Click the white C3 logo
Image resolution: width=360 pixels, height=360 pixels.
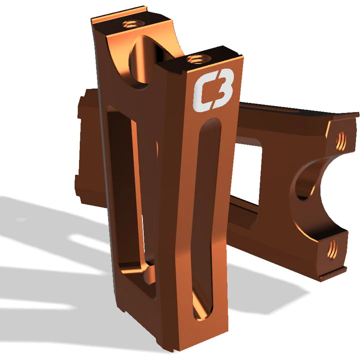[213, 89]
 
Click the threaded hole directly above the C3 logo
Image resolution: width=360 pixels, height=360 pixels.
[196, 59]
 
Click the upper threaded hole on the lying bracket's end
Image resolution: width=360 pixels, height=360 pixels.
[341, 140]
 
